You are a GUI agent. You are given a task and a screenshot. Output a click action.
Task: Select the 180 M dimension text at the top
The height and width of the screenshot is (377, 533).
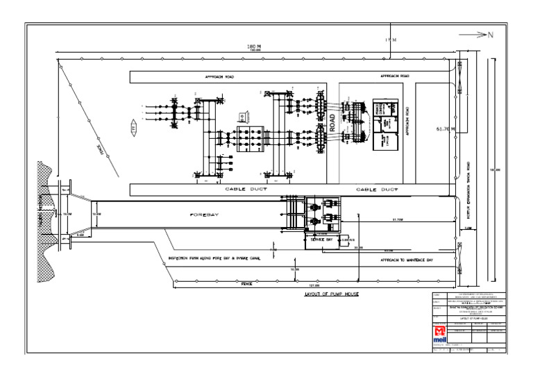(x=254, y=47)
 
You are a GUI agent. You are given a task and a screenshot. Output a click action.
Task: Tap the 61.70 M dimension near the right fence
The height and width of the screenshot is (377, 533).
(x=445, y=128)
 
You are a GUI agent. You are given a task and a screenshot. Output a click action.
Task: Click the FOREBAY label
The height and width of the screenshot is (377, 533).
(x=205, y=215)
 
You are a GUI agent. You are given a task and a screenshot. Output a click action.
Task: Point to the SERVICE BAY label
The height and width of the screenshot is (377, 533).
(x=321, y=239)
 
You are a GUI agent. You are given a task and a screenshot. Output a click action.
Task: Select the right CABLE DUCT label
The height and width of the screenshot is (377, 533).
(x=378, y=189)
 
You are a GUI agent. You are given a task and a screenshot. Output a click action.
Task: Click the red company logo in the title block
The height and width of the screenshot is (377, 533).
(x=440, y=335)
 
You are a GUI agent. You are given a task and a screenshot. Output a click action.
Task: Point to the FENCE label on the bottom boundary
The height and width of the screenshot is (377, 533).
(x=246, y=283)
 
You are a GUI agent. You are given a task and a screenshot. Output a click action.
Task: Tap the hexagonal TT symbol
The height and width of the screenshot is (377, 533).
(x=134, y=128)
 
